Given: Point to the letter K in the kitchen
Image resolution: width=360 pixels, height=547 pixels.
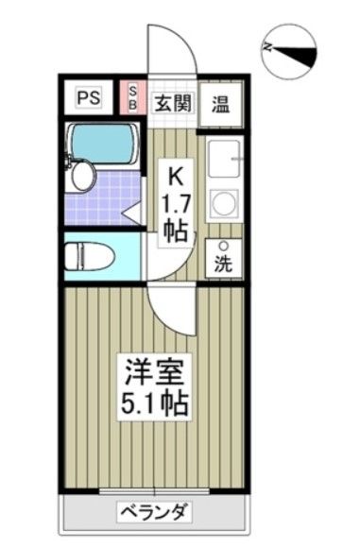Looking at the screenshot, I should [x=176, y=175].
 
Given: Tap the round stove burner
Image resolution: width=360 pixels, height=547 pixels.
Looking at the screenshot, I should [x=225, y=202].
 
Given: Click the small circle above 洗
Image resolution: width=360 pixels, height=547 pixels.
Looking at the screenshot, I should [x=223, y=247].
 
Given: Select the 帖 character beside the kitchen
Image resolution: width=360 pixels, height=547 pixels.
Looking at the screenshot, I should [x=177, y=231].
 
